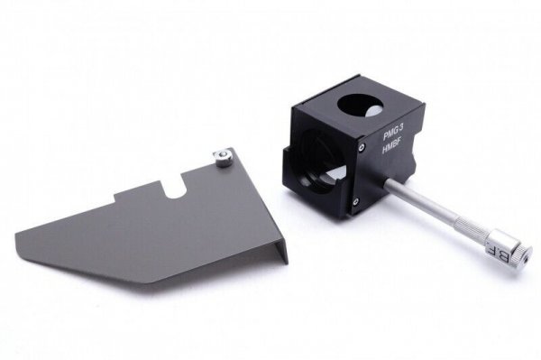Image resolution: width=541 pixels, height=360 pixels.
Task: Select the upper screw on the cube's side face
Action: point(361,147)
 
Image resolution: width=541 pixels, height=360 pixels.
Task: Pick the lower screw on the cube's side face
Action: point(354,201)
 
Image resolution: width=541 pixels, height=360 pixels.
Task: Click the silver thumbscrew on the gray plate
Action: point(221,158)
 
